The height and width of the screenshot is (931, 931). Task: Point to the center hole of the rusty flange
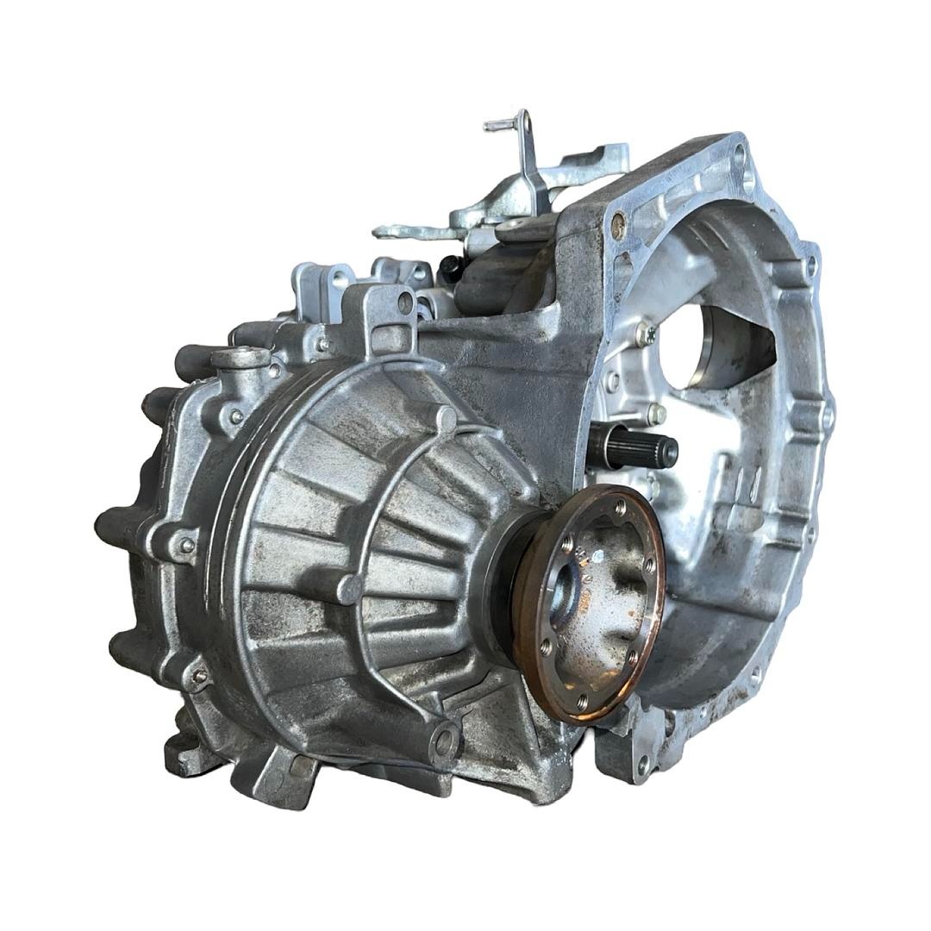click(x=569, y=591)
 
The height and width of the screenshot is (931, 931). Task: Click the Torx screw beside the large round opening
click(x=644, y=330)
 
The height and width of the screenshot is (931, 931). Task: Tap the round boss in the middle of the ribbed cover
click(x=349, y=590)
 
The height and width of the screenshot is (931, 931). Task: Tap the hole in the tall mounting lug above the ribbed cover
click(x=405, y=302)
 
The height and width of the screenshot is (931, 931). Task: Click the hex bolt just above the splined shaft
click(x=656, y=413)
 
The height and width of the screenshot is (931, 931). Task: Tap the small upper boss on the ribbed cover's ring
click(x=446, y=420)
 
